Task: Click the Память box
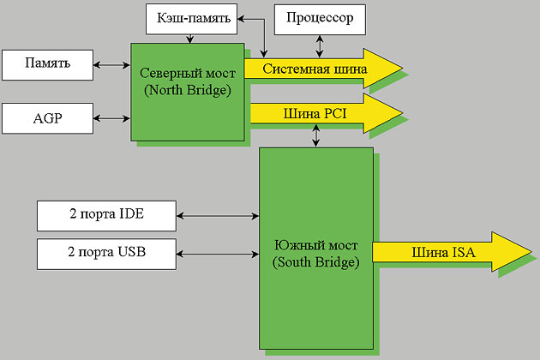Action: coord(47,63)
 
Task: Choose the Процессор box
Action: coord(320,17)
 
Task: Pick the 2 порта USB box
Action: coord(106,253)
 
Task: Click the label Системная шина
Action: coord(315,69)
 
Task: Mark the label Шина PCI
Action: coord(314,112)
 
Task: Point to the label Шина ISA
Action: coord(432,251)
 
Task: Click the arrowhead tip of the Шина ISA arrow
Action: coord(529,251)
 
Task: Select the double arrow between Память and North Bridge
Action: coord(111,63)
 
